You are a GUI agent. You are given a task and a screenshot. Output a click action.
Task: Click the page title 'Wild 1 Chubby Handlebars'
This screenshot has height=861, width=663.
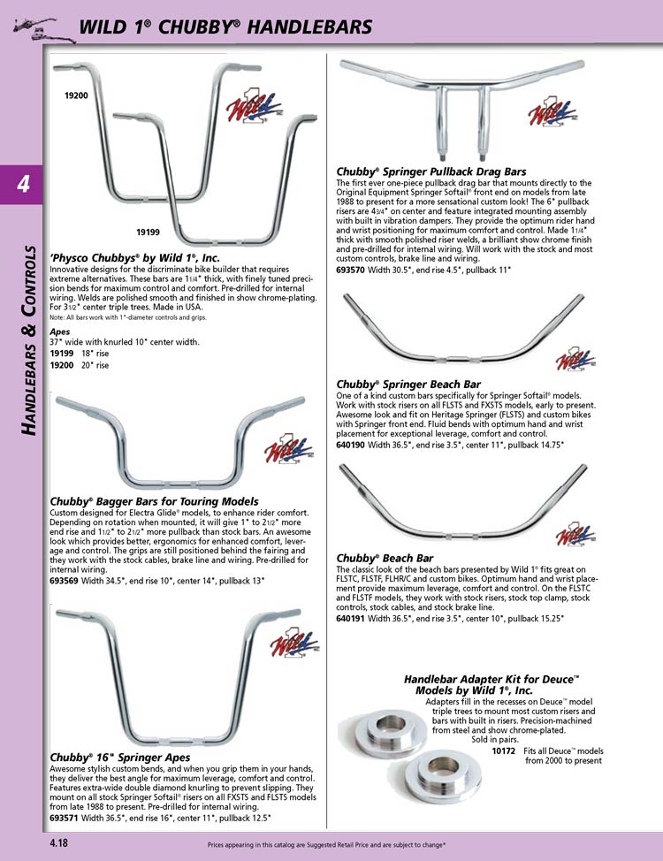[225, 27]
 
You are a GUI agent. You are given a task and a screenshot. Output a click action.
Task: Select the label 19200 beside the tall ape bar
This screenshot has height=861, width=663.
[76, 95]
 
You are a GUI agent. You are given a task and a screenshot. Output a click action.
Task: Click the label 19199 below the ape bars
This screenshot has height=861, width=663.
[148, 231]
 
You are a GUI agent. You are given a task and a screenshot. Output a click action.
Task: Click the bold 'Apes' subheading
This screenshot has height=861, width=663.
[59, 332]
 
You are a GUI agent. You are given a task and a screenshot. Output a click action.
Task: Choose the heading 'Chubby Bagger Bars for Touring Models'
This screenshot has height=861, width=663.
[154, 502]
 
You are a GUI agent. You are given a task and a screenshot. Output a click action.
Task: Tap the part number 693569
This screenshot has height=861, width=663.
[67, 580]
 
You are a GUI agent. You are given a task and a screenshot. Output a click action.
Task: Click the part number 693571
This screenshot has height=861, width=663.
[67, 817]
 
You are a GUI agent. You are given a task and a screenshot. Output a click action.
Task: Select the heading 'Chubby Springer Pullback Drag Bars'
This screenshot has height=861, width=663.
[431, 171]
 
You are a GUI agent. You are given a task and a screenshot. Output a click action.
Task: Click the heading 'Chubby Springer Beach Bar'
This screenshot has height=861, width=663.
[408, 385]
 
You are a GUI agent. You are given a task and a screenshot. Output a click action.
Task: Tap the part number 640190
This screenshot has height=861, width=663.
[354, 446]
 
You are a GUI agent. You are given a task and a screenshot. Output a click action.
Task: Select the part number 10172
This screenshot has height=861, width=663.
[504, 751]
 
